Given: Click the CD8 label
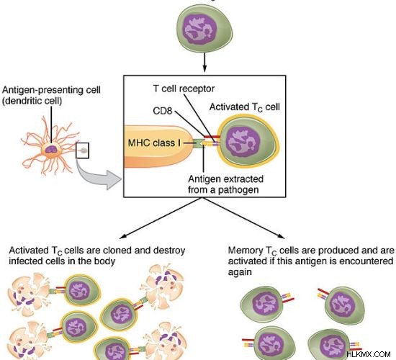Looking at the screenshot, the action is (x=163, y=111).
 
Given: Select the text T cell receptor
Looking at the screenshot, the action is (x=184, y=89).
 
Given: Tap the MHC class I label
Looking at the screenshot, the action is (x=155, y=143).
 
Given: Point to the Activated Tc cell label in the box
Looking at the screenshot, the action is (x=245, y=107).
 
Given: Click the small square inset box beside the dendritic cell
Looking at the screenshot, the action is (x=82, y=150).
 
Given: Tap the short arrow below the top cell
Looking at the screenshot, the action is (x=204, y=62).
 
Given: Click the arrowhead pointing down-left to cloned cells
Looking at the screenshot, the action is (x=122, y=236).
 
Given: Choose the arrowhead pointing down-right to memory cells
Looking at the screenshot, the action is (x=281, y=236).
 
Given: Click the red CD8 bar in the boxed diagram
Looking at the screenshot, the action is (x=212, y=137).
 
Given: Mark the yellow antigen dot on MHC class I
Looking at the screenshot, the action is (x=204, y=143).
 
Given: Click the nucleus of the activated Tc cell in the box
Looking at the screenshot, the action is (x=243, y=142).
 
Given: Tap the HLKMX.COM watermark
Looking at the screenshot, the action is (x=369, y=354).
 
